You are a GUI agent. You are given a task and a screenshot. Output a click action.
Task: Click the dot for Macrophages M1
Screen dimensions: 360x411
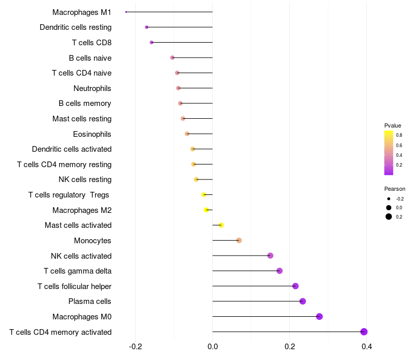point(126,12)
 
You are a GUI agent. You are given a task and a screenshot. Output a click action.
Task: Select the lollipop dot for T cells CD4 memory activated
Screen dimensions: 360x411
point(364,332)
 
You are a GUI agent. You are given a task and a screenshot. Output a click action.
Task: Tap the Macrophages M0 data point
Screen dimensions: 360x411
point(320,316)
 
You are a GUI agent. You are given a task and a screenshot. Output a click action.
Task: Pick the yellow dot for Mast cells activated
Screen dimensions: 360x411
point(221,225)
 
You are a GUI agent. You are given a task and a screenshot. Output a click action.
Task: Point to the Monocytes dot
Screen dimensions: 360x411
point(239,240)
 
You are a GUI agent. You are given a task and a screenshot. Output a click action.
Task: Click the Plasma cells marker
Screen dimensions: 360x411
point(303,301)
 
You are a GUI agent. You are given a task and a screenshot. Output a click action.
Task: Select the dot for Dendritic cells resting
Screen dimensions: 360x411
point(146,27)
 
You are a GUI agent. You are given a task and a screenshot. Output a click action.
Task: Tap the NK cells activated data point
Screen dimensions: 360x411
point(270,256)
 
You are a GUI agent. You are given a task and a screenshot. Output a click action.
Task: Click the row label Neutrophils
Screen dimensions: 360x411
point(92,88)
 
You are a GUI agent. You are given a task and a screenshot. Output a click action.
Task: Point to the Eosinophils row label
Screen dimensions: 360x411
point(92,134)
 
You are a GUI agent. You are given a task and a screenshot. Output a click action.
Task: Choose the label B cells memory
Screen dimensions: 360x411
point(85,103)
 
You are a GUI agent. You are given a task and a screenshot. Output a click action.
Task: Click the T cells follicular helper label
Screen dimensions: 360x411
point(74,286)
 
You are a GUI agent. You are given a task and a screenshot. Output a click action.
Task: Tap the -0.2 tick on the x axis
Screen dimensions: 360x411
point(136,346)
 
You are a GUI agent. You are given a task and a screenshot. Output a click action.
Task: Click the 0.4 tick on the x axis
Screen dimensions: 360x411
point(366,346)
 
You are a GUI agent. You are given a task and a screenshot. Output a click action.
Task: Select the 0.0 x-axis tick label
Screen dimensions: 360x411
point(213,346)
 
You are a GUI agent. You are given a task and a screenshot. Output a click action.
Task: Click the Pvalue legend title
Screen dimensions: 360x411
point(393,125)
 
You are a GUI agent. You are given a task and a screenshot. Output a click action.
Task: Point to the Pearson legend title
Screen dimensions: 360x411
point(395,189)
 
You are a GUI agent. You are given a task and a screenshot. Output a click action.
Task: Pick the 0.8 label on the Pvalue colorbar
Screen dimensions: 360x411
point(399,135)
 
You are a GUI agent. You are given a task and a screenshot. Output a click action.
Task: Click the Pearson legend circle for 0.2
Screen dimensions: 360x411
point(389,217)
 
